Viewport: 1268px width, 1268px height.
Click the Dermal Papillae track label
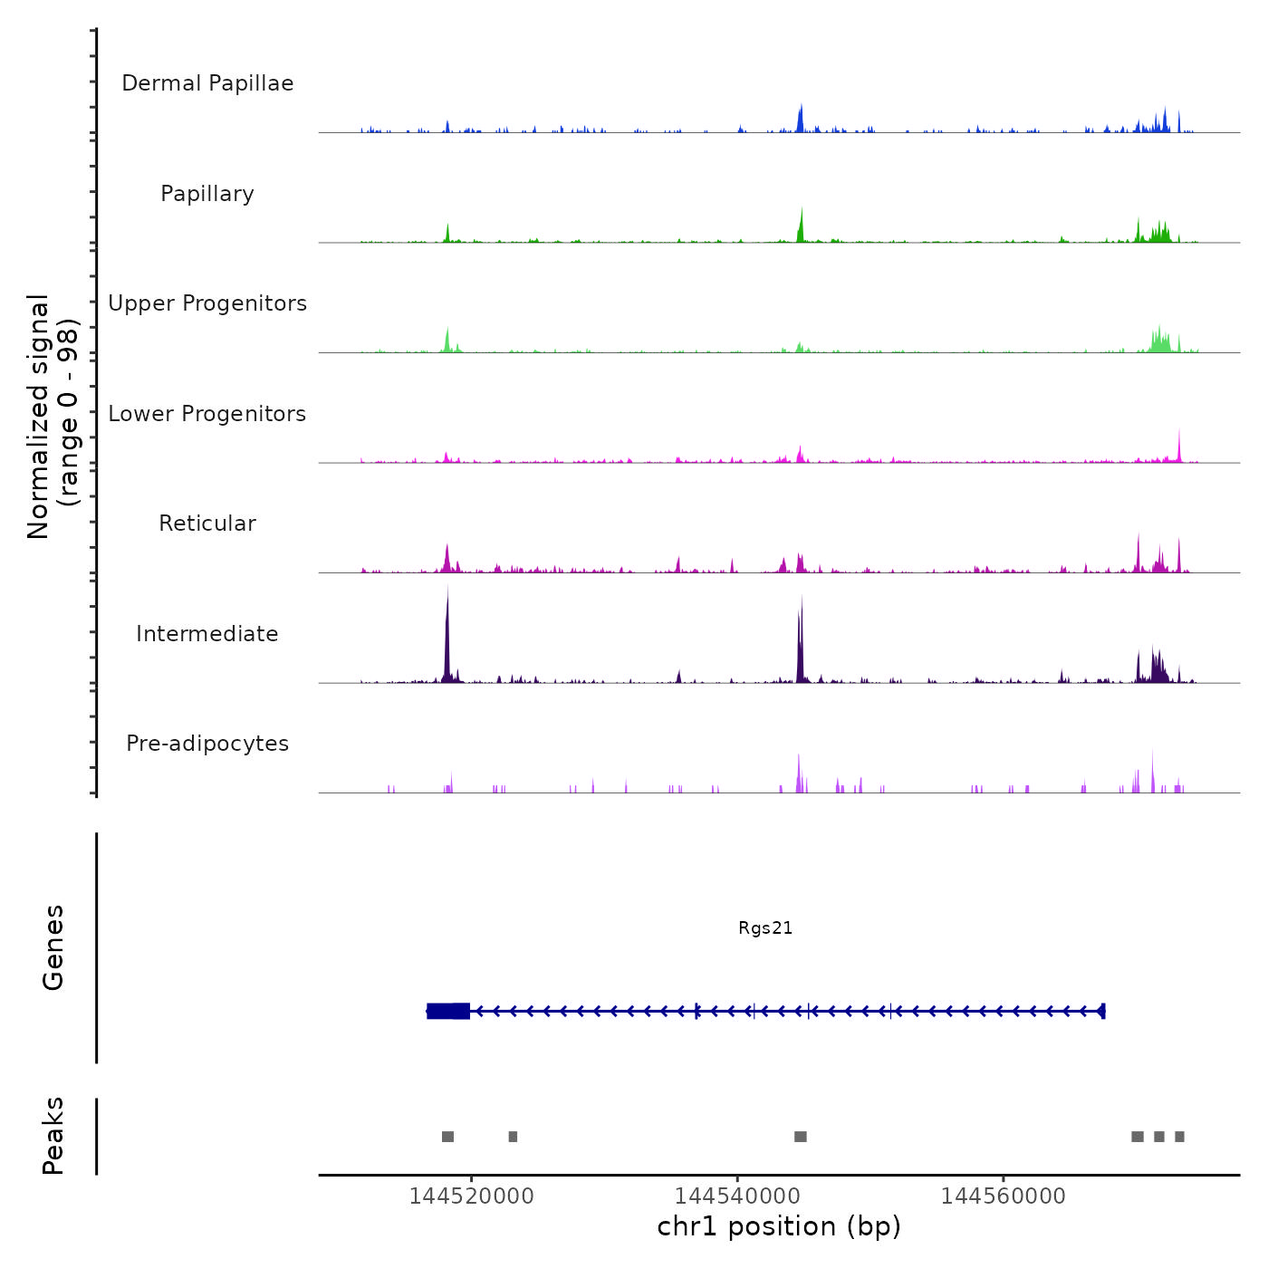pos(207,83)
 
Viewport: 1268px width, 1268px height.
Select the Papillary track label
pos(207,194)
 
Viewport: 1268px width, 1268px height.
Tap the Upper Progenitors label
pos(207,303)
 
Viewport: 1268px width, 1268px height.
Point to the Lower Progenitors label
pos(207,414)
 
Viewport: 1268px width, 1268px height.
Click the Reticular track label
pos(207,524)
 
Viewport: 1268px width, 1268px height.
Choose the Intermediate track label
pos(207,634)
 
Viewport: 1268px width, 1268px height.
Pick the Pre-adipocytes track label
pos(207,744)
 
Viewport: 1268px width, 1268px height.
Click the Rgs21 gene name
pos(765,928)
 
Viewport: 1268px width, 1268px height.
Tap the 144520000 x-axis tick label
pos(471,1196)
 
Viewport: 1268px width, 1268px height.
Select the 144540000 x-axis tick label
pos(737,1196)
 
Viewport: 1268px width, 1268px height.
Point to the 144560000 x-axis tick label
pos(1003,1196)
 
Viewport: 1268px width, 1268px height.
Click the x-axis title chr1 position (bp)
pos(779,1227)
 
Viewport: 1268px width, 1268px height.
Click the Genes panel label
pos(53,947)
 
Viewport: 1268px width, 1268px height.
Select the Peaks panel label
pos(53,1136)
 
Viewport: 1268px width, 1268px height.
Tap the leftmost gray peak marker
pos(447,1137)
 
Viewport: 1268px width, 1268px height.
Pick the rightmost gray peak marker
pos(1179,1137)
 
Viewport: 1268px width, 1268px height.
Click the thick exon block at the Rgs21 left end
pos(448,1011)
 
